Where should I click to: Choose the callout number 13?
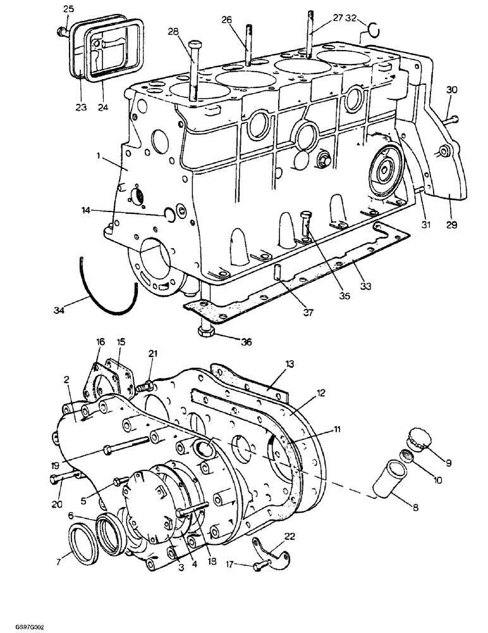coord(290,363)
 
